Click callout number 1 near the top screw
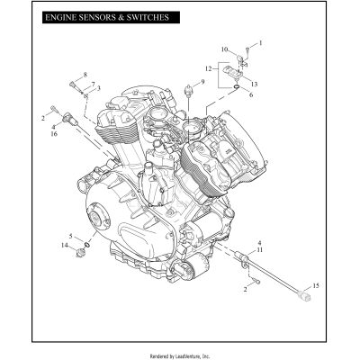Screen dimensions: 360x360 (260, 42)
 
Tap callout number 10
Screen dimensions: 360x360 (225, 49)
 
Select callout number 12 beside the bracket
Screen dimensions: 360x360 (208, 68)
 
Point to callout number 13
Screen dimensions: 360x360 (255, 84)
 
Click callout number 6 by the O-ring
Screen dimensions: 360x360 (250, 94)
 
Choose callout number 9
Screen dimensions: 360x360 (203, 82)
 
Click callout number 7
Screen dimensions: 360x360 (93, 83)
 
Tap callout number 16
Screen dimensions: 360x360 (54, 134)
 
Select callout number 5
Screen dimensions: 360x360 (70, 237)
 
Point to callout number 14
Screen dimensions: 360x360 (64, 245)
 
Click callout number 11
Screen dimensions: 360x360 (260, 250)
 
